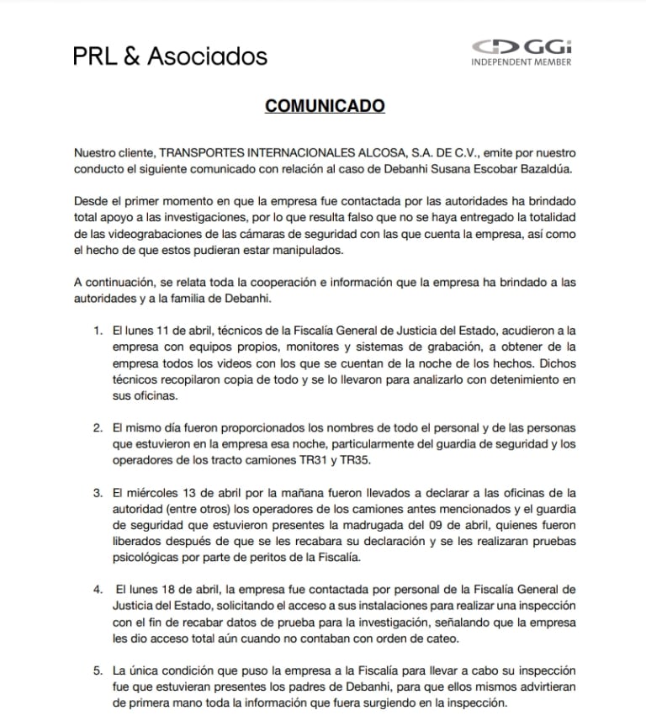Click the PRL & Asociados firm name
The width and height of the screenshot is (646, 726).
tap(170, 56)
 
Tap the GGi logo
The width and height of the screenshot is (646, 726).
tap(522, 47)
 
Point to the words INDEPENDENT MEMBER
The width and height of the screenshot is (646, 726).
tap(522, 62)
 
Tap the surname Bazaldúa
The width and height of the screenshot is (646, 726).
tap(544, 168)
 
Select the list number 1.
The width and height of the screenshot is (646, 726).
tap(98, 331)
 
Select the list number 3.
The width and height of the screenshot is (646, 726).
tap(98, 492)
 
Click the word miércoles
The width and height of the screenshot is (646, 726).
tap(155, 492)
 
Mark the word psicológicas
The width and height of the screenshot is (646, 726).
tap(146, 556)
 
